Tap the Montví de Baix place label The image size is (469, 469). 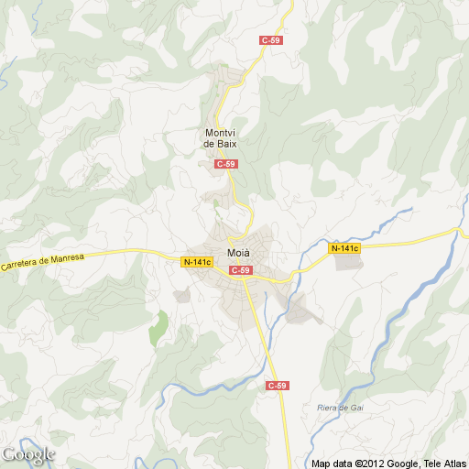(222, 138)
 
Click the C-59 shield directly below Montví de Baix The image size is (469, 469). (225, 164)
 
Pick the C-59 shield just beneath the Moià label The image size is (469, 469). (240, 270)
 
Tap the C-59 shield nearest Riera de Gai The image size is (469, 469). (277, 386)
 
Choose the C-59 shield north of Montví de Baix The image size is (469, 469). (270, 40)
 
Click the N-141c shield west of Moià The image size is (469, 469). (197, 262)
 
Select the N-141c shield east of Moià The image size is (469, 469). (345, 248)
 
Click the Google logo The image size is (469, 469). (27, 454)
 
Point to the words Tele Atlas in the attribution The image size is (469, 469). (442, 464)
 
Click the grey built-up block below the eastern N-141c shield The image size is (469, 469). (348, 262)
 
